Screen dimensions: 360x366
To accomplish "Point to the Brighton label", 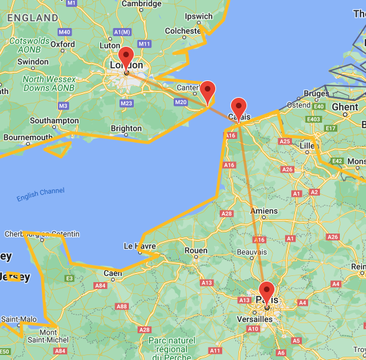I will pos(126,129).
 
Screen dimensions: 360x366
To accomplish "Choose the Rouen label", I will pos(196,250).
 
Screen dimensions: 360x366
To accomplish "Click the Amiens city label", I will pos(264,211).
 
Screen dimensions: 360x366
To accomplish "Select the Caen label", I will pos(113,273).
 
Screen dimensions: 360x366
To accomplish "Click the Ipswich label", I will pos(199,16).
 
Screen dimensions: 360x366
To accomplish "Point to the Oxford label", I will pos(63,44).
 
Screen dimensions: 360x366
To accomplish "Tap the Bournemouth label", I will pos(28,137).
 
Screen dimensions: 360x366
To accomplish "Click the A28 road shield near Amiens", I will pos(227,214).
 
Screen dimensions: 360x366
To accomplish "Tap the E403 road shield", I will pos(314,119).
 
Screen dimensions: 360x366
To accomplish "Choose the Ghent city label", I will pos(345,107).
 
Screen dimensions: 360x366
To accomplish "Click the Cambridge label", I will pos(142,4).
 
